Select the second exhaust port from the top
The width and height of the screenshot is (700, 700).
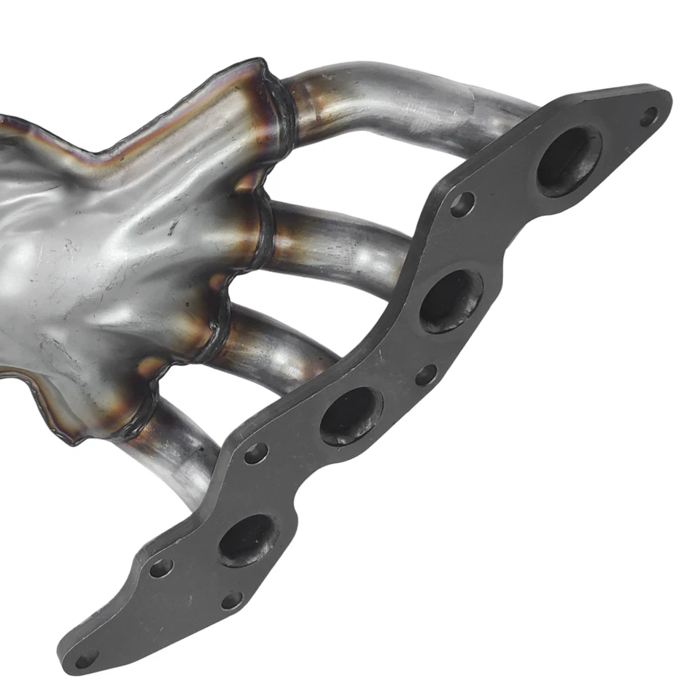(x=451, y=300)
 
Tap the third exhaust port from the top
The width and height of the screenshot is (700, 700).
(x=351, y=416)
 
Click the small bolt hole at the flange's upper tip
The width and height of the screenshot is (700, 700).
(x=648, y=114)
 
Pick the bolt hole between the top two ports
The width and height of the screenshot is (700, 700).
(x=462, y=205)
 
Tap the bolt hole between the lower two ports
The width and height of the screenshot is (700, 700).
(x=255, y=454)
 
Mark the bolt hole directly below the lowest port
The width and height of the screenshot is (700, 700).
(x=231, y=600)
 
